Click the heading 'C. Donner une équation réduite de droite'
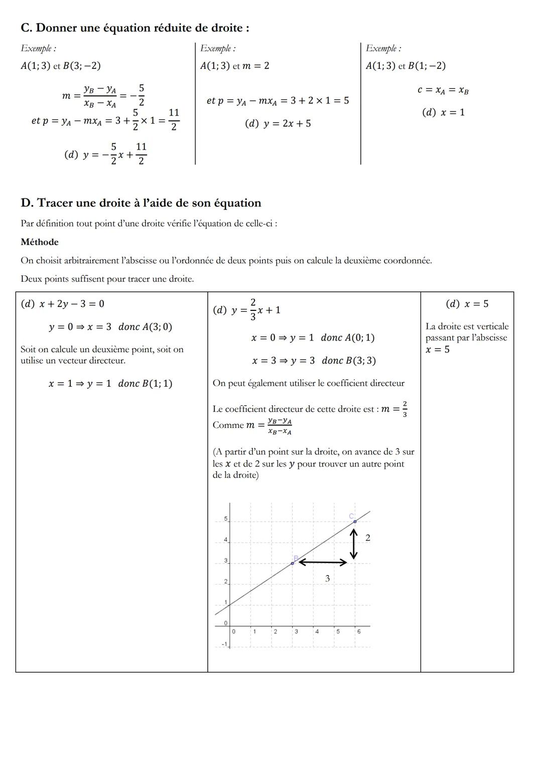(x=134, y=28)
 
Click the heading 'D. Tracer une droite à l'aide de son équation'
(x=141, y=203)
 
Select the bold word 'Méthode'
(x=40, y=242)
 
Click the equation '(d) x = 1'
(x=444, y=113)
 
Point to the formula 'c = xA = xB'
(x=443, y=90)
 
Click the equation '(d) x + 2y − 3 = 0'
(x=63, y=304)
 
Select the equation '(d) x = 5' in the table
(x=467, y=304)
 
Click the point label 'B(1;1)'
(x=157, y=384)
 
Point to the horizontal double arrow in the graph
(x=323, y=563)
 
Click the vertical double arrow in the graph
(x=354, y=545)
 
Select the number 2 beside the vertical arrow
(x=368, y=538)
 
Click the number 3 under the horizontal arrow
(x=328, y=579)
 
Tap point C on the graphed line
(x=355, y=521)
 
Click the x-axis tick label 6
(x=359, y=631)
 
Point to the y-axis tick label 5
(x=225, y=518)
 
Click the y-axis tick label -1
(x=224, y=644)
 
